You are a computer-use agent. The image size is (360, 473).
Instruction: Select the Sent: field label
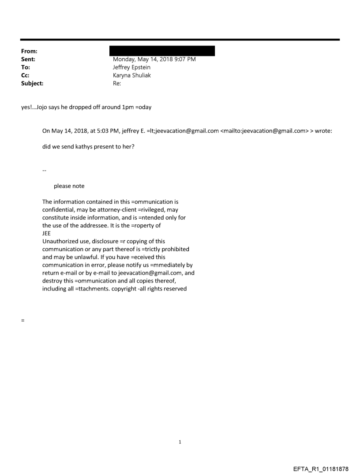pyautogui.click(x=28, y=60)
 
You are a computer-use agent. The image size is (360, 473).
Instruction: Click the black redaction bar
pyautogui.click(x=164, y=51)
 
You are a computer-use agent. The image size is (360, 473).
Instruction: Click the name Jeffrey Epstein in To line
pyautogui.click(x=131, y=67)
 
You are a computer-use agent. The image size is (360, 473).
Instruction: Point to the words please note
pyautogui.click(x=69, y=186)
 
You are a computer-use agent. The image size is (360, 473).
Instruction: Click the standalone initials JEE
pyautogui.click(x=47, y=234)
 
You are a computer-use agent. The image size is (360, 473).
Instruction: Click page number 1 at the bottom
pyautogui.click(x=180, y=442)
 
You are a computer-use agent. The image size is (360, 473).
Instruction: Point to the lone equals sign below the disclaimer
pyautogui.click(x=22, y=320)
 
